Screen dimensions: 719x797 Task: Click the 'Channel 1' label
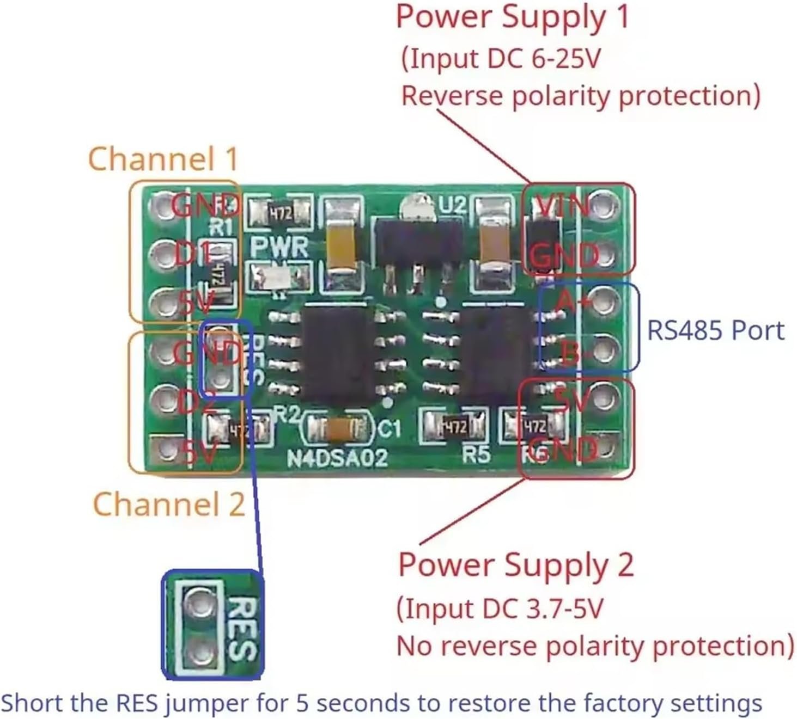click(163, 159)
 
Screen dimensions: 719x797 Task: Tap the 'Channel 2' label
click(168, 503)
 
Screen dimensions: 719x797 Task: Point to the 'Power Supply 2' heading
click(516, 564)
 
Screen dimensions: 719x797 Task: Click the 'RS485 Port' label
click(715, 330)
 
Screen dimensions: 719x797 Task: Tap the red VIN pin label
click(561, 206)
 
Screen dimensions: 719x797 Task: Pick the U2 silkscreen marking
click(453, 205)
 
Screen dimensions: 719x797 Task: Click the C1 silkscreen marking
click(389, 429)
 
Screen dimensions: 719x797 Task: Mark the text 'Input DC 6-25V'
click(500, 58)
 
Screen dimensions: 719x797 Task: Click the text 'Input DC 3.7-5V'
click(500, 608)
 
